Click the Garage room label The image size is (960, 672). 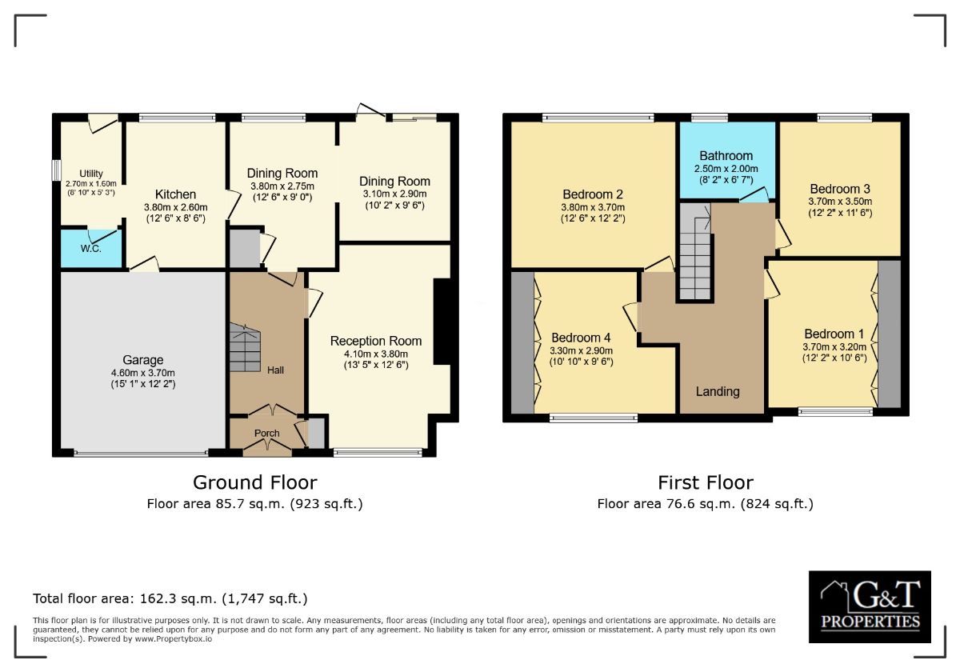[142, 360]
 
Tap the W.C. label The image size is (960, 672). [91, 249]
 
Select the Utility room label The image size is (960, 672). [91, 174]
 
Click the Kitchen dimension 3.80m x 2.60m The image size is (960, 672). [176, 207]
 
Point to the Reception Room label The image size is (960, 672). [376, 341]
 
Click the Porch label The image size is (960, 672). [266, 434]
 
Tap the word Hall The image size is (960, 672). [275, 370]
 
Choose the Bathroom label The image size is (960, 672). [726, 156]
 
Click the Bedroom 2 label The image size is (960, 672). [593, 194]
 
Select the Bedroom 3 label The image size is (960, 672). [840, 189]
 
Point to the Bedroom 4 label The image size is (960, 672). [581, 338]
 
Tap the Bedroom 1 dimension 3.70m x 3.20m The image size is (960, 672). [834, 347]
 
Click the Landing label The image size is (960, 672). [718, 392]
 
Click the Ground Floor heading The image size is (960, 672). [255, 483]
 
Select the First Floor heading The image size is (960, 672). [706, 483]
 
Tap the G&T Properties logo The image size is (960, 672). [870, 606]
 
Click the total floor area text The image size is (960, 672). [170, 598]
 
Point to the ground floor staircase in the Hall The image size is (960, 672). [245, 347]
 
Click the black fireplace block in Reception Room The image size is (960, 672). [442, 322]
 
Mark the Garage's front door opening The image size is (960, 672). [141, 452]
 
